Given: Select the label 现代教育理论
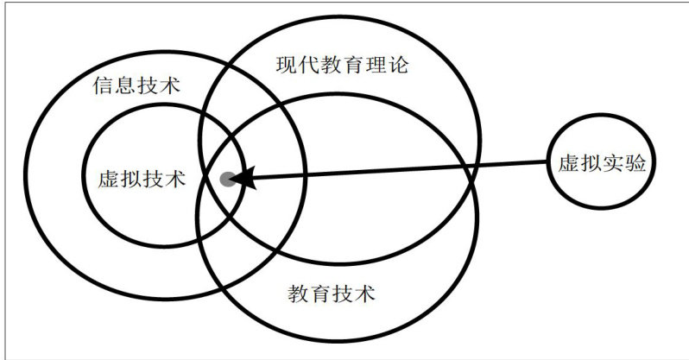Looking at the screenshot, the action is coord(341,65).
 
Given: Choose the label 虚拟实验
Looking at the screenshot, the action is coord(603,165).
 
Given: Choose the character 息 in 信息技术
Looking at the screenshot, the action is coord(125,86).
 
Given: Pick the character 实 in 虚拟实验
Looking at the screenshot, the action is coord(614,165).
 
